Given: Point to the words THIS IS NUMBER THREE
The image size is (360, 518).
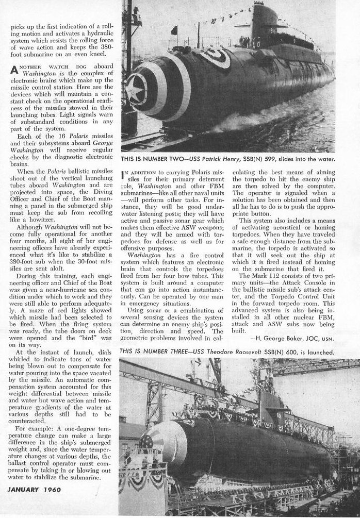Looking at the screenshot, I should click(154, 351).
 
